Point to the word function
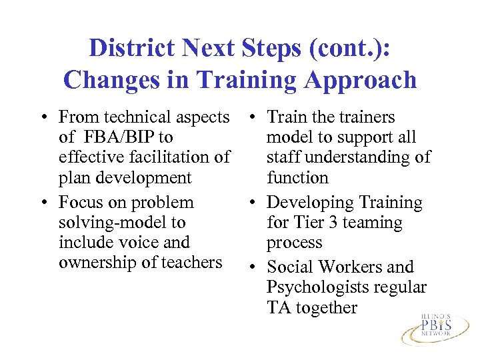pyautogui.click(x=297, y=178)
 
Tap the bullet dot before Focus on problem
pyautogui.click(x=43, y=203)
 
